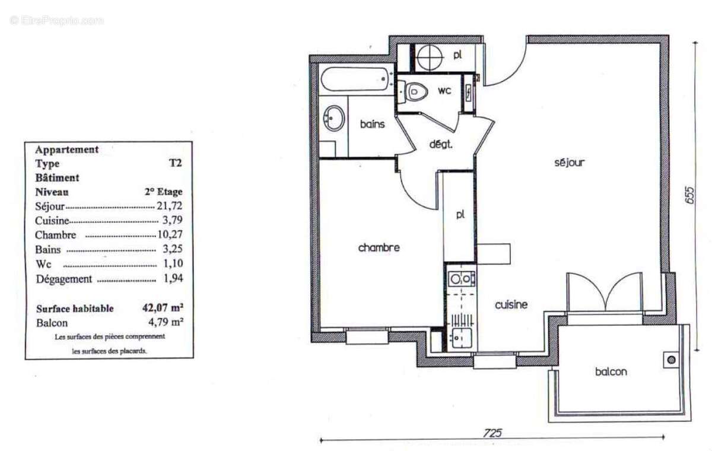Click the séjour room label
pyautogui.click(x=570, y=162)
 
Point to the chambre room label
pyautogui.click(x=379, y=248)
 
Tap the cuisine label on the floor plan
pyautogui.click(x=511, y=305)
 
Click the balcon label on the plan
pyautogui.click(x=611, y=372)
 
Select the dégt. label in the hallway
pyautogui.click(x=441, y=144)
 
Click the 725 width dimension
pyautogui.click(x=492, y=433)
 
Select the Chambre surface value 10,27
pyautogui.click(x=171, y=235)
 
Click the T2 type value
pyautogui.click(x=176, y=164)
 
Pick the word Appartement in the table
pyautogui.click(x=67, y=150)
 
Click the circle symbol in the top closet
pyautogui.click(x=429, y=58)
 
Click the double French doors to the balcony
pyautogui.click(x=604, y=293)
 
